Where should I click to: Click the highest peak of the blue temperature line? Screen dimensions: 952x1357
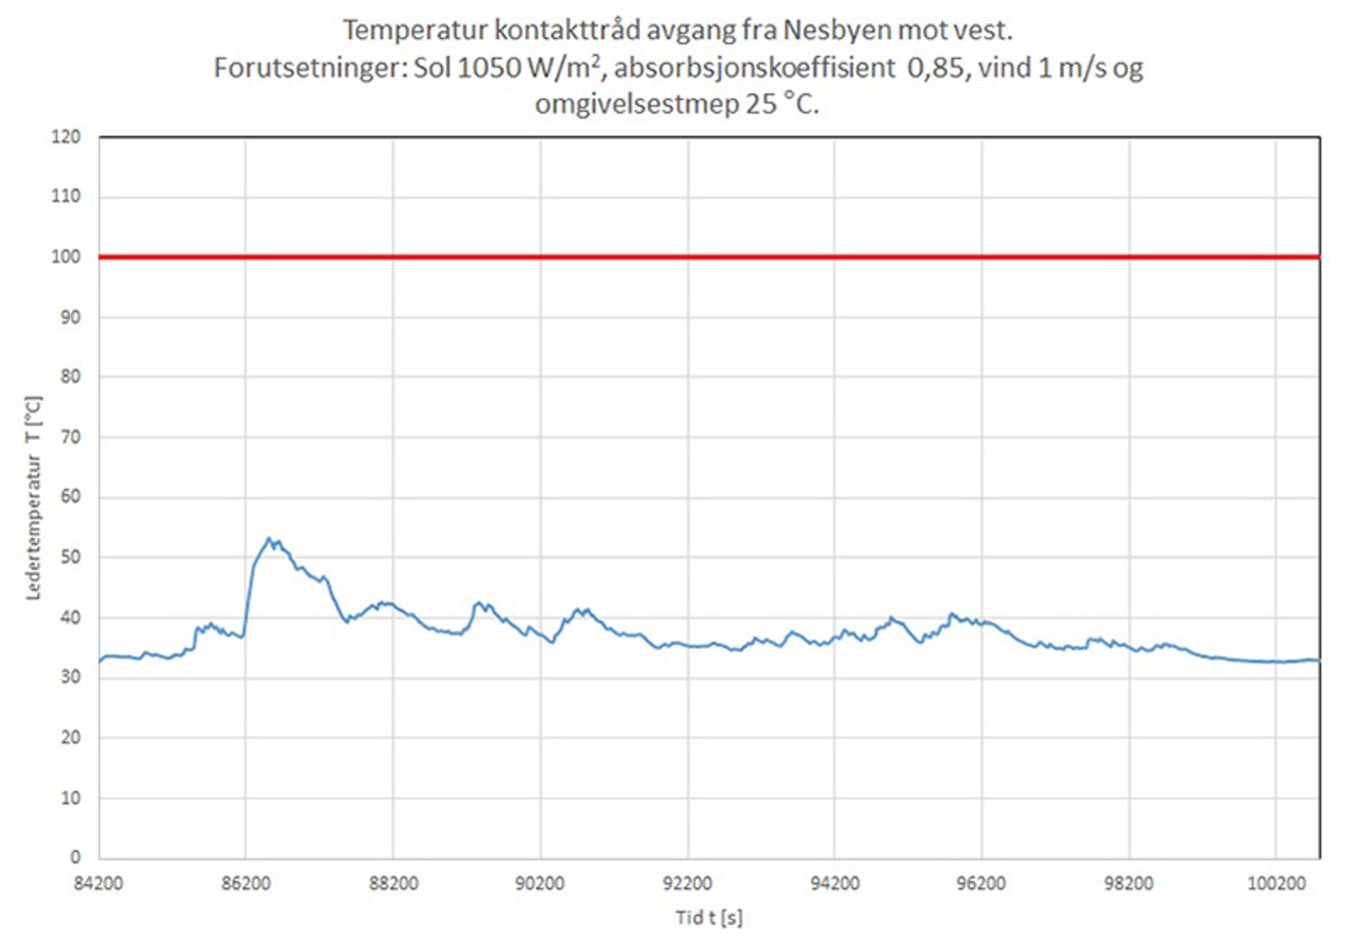(x=269, y=538)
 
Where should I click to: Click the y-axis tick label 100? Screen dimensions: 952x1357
(x=66, y=256)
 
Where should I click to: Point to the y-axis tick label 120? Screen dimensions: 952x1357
(x=66, y=137)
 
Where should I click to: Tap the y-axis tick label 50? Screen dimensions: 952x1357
(x=70, y=557)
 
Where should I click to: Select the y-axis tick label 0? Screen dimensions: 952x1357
(x=75, y=857)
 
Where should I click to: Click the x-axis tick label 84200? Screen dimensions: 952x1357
(x=98, y=883)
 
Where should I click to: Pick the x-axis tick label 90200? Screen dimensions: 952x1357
(x=539, y=883)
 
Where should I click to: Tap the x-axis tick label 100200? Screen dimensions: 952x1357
(x=1276, y=883)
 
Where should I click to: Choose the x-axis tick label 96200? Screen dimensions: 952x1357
(x=981, y=883)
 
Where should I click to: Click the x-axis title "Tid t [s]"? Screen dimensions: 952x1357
(x=709, y=917)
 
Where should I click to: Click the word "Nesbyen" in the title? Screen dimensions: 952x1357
(x=837, y=31)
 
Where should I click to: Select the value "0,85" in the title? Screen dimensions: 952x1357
(x=935, y=68)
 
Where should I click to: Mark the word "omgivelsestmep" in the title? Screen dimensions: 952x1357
(x=637, y=104)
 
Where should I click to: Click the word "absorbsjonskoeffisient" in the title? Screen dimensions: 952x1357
(x=754, y=68)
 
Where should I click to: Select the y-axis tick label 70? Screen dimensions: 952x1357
(x=70, y=437)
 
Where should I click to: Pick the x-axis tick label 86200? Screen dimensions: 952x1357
(x=246, y=883)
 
